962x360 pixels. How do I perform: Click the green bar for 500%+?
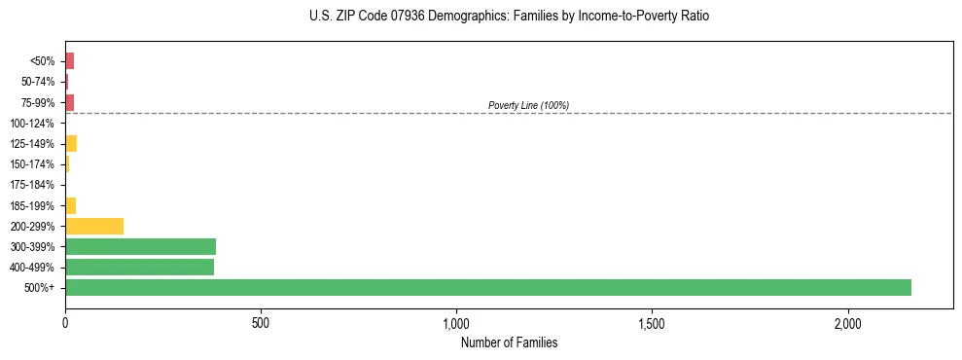(487, 287)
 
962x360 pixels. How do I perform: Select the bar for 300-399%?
(140, 246)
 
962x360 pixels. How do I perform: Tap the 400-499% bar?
(139, 267)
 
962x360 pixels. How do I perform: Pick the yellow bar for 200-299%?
(94, 226)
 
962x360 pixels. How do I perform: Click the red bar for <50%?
(69, 61)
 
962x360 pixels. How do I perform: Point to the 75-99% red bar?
(69, 102)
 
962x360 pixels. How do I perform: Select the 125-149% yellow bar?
(71, 144)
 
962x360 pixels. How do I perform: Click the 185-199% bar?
(70, 205)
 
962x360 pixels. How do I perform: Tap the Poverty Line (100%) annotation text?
(528, 105)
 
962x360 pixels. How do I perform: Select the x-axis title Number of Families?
(509, 342)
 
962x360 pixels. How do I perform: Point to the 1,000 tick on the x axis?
(456, 323)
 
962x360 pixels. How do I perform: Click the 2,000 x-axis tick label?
(847, 323)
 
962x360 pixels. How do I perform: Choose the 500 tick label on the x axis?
(261, 323)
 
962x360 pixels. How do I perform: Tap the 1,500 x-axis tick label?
(652, 323)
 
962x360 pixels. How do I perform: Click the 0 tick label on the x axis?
(65, 323)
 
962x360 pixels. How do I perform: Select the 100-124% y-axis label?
(32, 124)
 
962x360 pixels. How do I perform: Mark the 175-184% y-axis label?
(32, 185)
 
